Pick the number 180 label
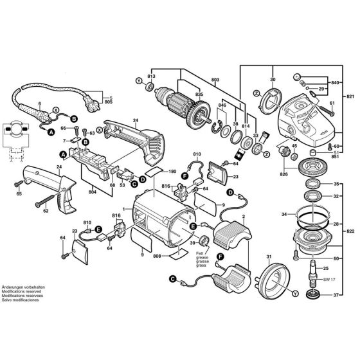[173, 172]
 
